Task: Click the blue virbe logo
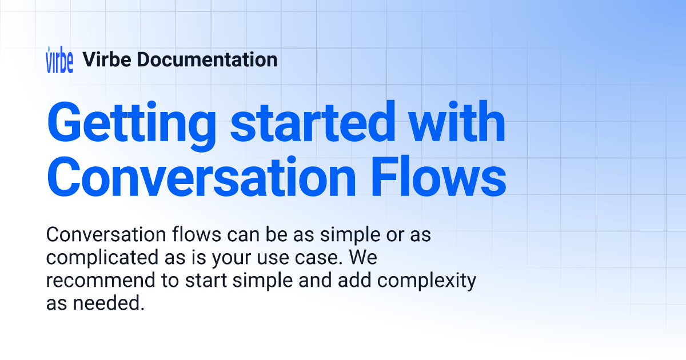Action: pyautogui.click(x=59, y=59)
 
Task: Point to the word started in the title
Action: pyautogui.click(x=313, y=122)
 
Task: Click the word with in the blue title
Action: pyautogui.click(x=457, y=122)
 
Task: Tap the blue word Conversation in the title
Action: pyautogui.click(x=201, y=177)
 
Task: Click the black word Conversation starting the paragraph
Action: pyautogui.click(x=106, y=234)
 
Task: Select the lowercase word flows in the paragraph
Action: pyautogui.click(x=197, y=234)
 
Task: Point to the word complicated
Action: pyautogui.click(x=102, y=258)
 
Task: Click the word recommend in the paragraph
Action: pyautogui.click(x=101, y=281)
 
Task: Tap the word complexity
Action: pyautogui.click(x=426, y=281)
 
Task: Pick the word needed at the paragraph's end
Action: pyautogui.click(x=109, y=303)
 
